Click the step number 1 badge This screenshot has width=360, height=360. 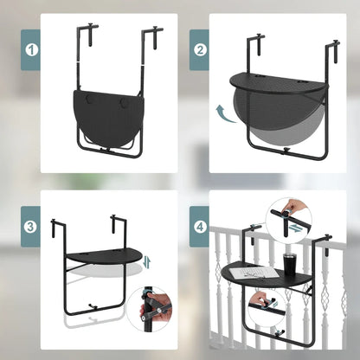(32, 50)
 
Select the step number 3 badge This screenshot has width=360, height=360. (32, 228)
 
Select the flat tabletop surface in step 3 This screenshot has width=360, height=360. (101, 257)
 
